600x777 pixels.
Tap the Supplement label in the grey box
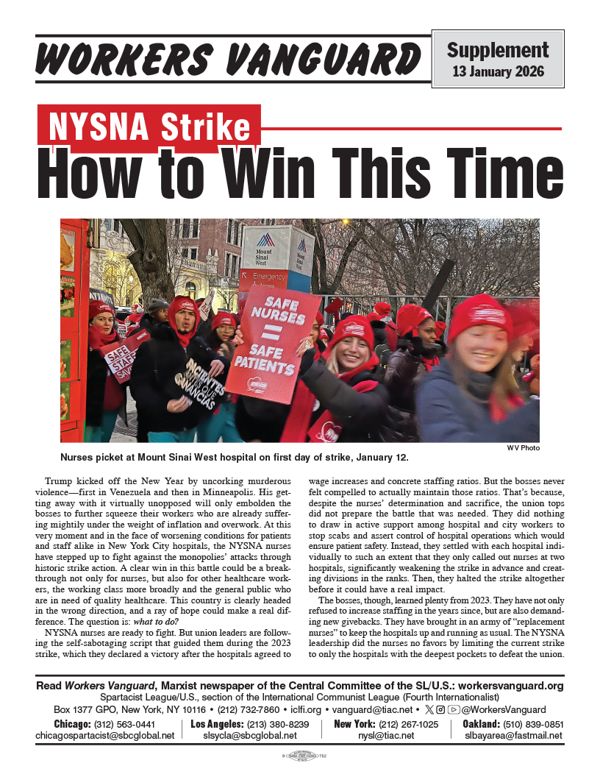(498, 50)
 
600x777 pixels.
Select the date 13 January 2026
(498, 71)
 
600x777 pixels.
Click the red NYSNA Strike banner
(149, 127)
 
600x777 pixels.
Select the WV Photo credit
(523, 447)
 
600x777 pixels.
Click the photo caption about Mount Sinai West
(234, 457)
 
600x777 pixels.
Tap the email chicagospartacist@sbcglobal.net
(105, 735)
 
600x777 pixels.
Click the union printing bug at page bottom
(300, 756)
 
